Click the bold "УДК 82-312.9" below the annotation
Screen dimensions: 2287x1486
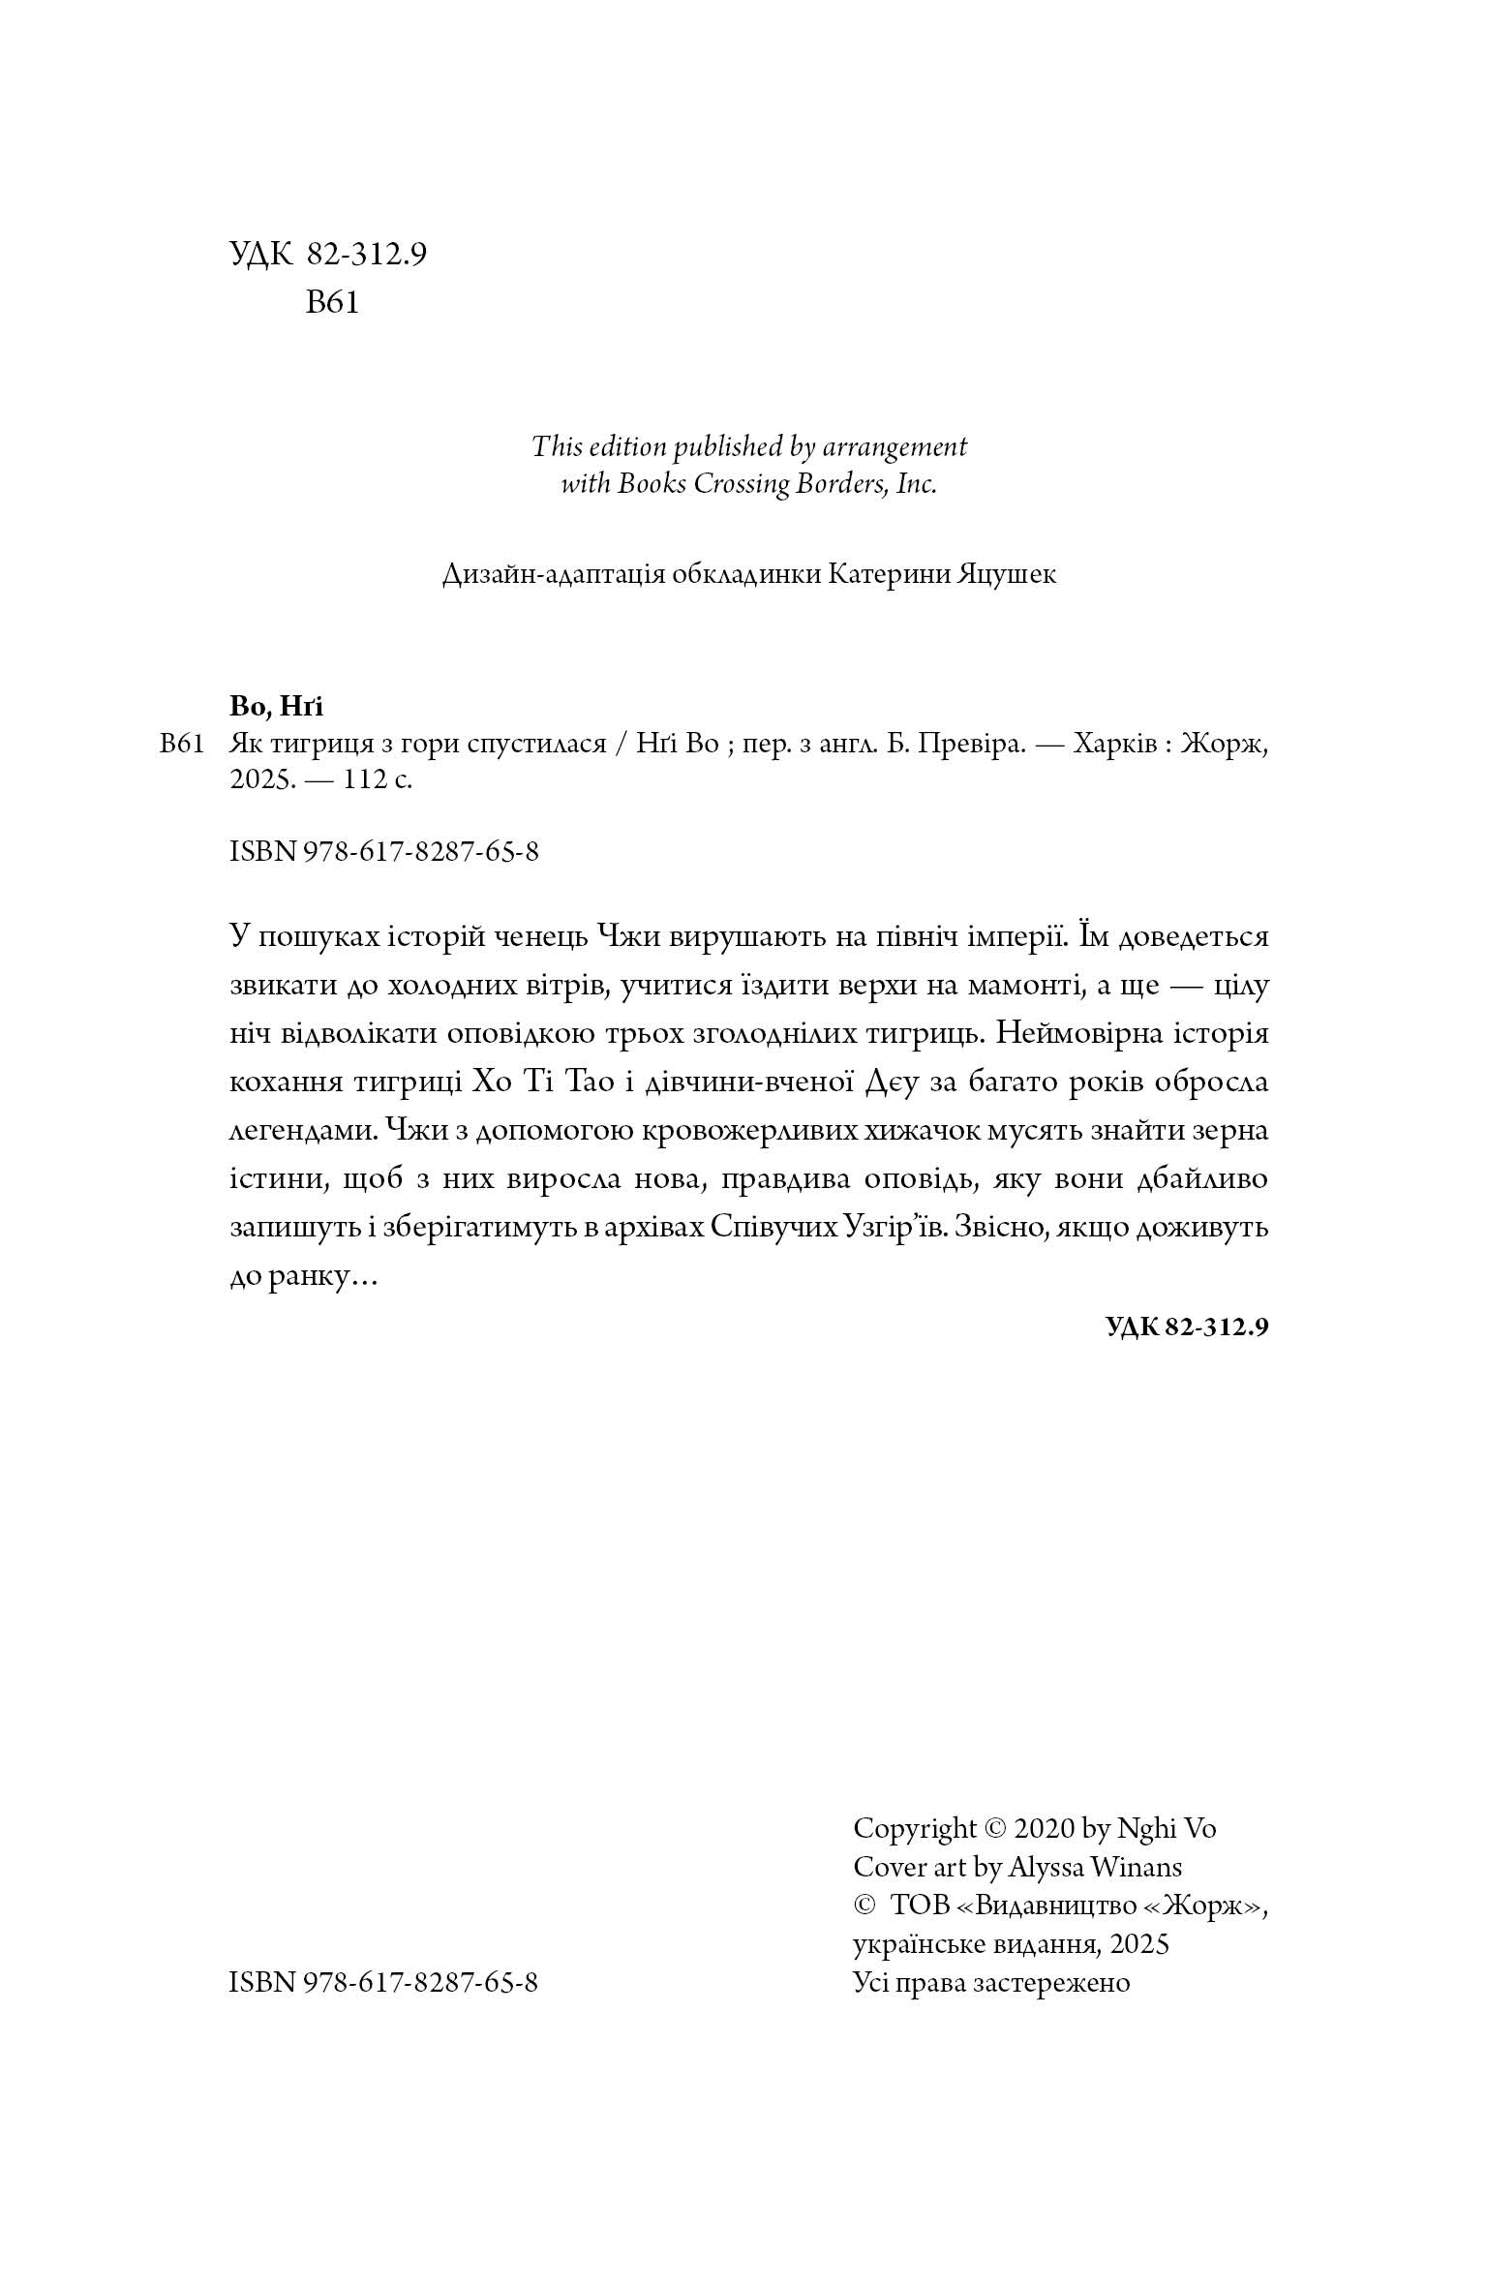[x=1186, y=1326]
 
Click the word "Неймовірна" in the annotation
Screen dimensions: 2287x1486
[x=1075, y=1034]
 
